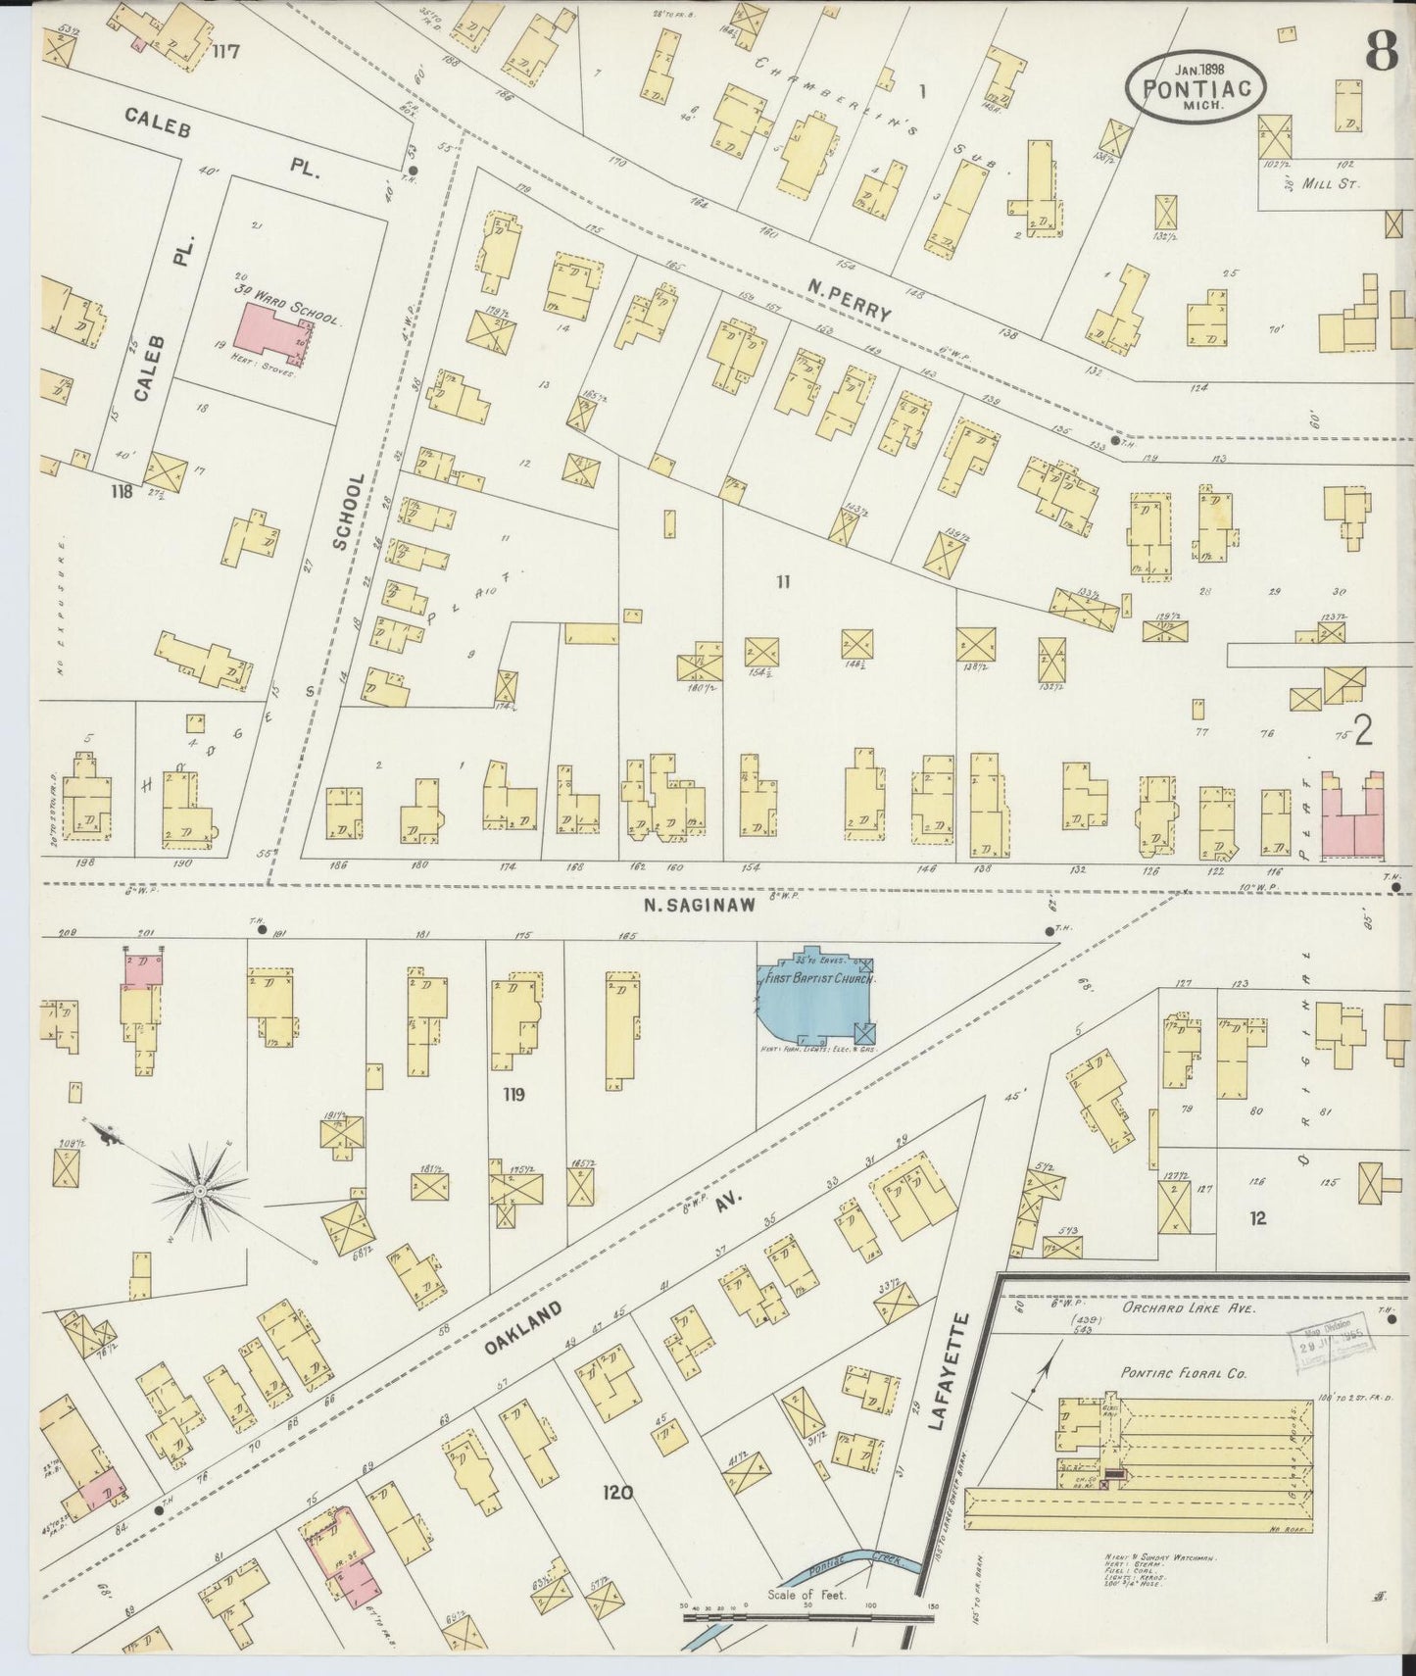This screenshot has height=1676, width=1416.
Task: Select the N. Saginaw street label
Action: [699, 907]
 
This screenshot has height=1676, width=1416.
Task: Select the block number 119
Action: [512, 1094]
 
